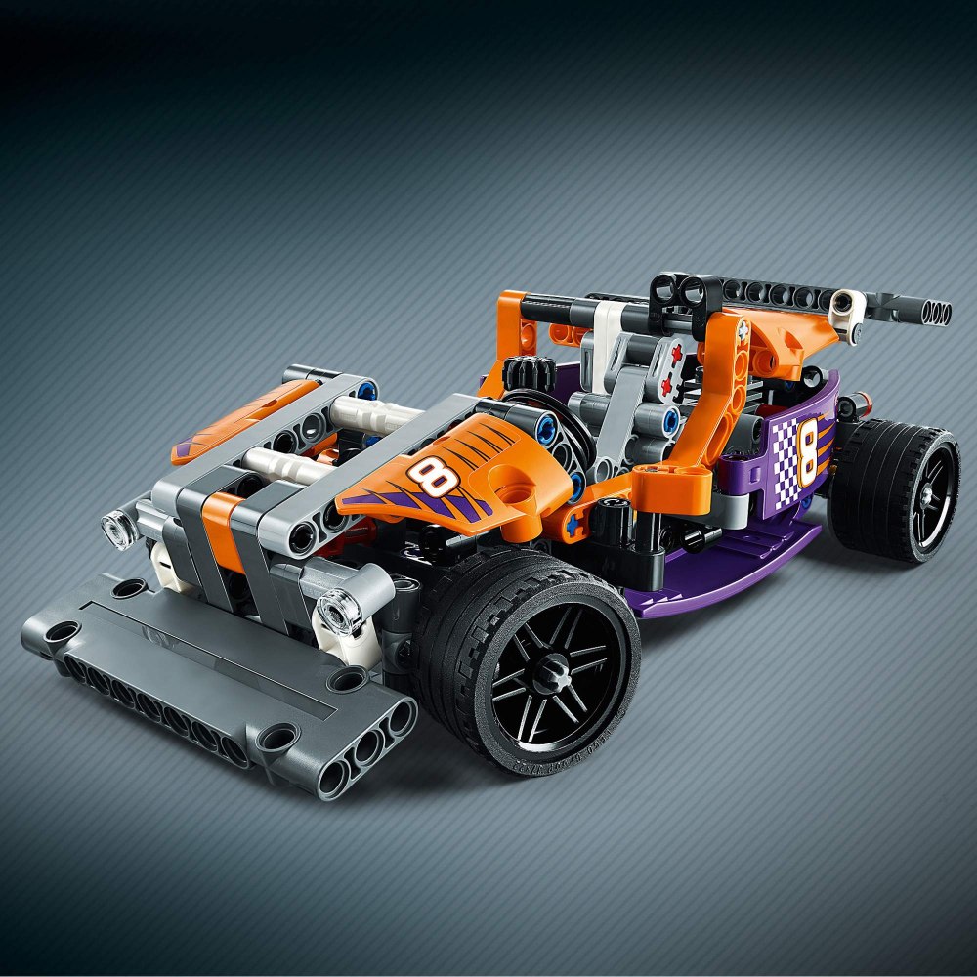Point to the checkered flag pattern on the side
pyautogui.click(x=786, y=461)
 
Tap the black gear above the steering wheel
pyautogui.click(x=529, y=374)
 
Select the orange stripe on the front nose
pyautogui.click(x=221, y=531)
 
